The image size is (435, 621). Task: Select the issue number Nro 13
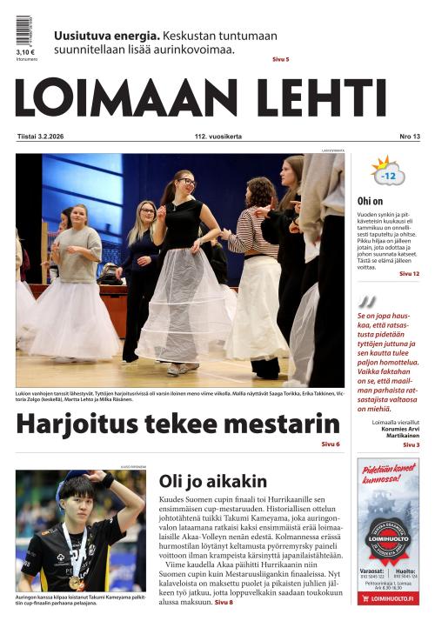point(409,137)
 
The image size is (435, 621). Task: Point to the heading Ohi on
point(371,201)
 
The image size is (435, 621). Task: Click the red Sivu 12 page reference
point(409,274)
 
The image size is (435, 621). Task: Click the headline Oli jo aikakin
point(213,481)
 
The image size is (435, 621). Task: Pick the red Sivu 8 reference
point(224,602)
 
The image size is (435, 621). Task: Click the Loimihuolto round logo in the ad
point(387,537)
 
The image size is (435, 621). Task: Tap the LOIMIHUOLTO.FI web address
point(388,598)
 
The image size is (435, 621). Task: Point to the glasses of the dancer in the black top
point(186,182)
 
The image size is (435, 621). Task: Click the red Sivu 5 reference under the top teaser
point(280,59)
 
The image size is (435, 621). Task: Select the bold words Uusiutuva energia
point(106,36)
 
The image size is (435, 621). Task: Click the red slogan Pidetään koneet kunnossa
point(387,474)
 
